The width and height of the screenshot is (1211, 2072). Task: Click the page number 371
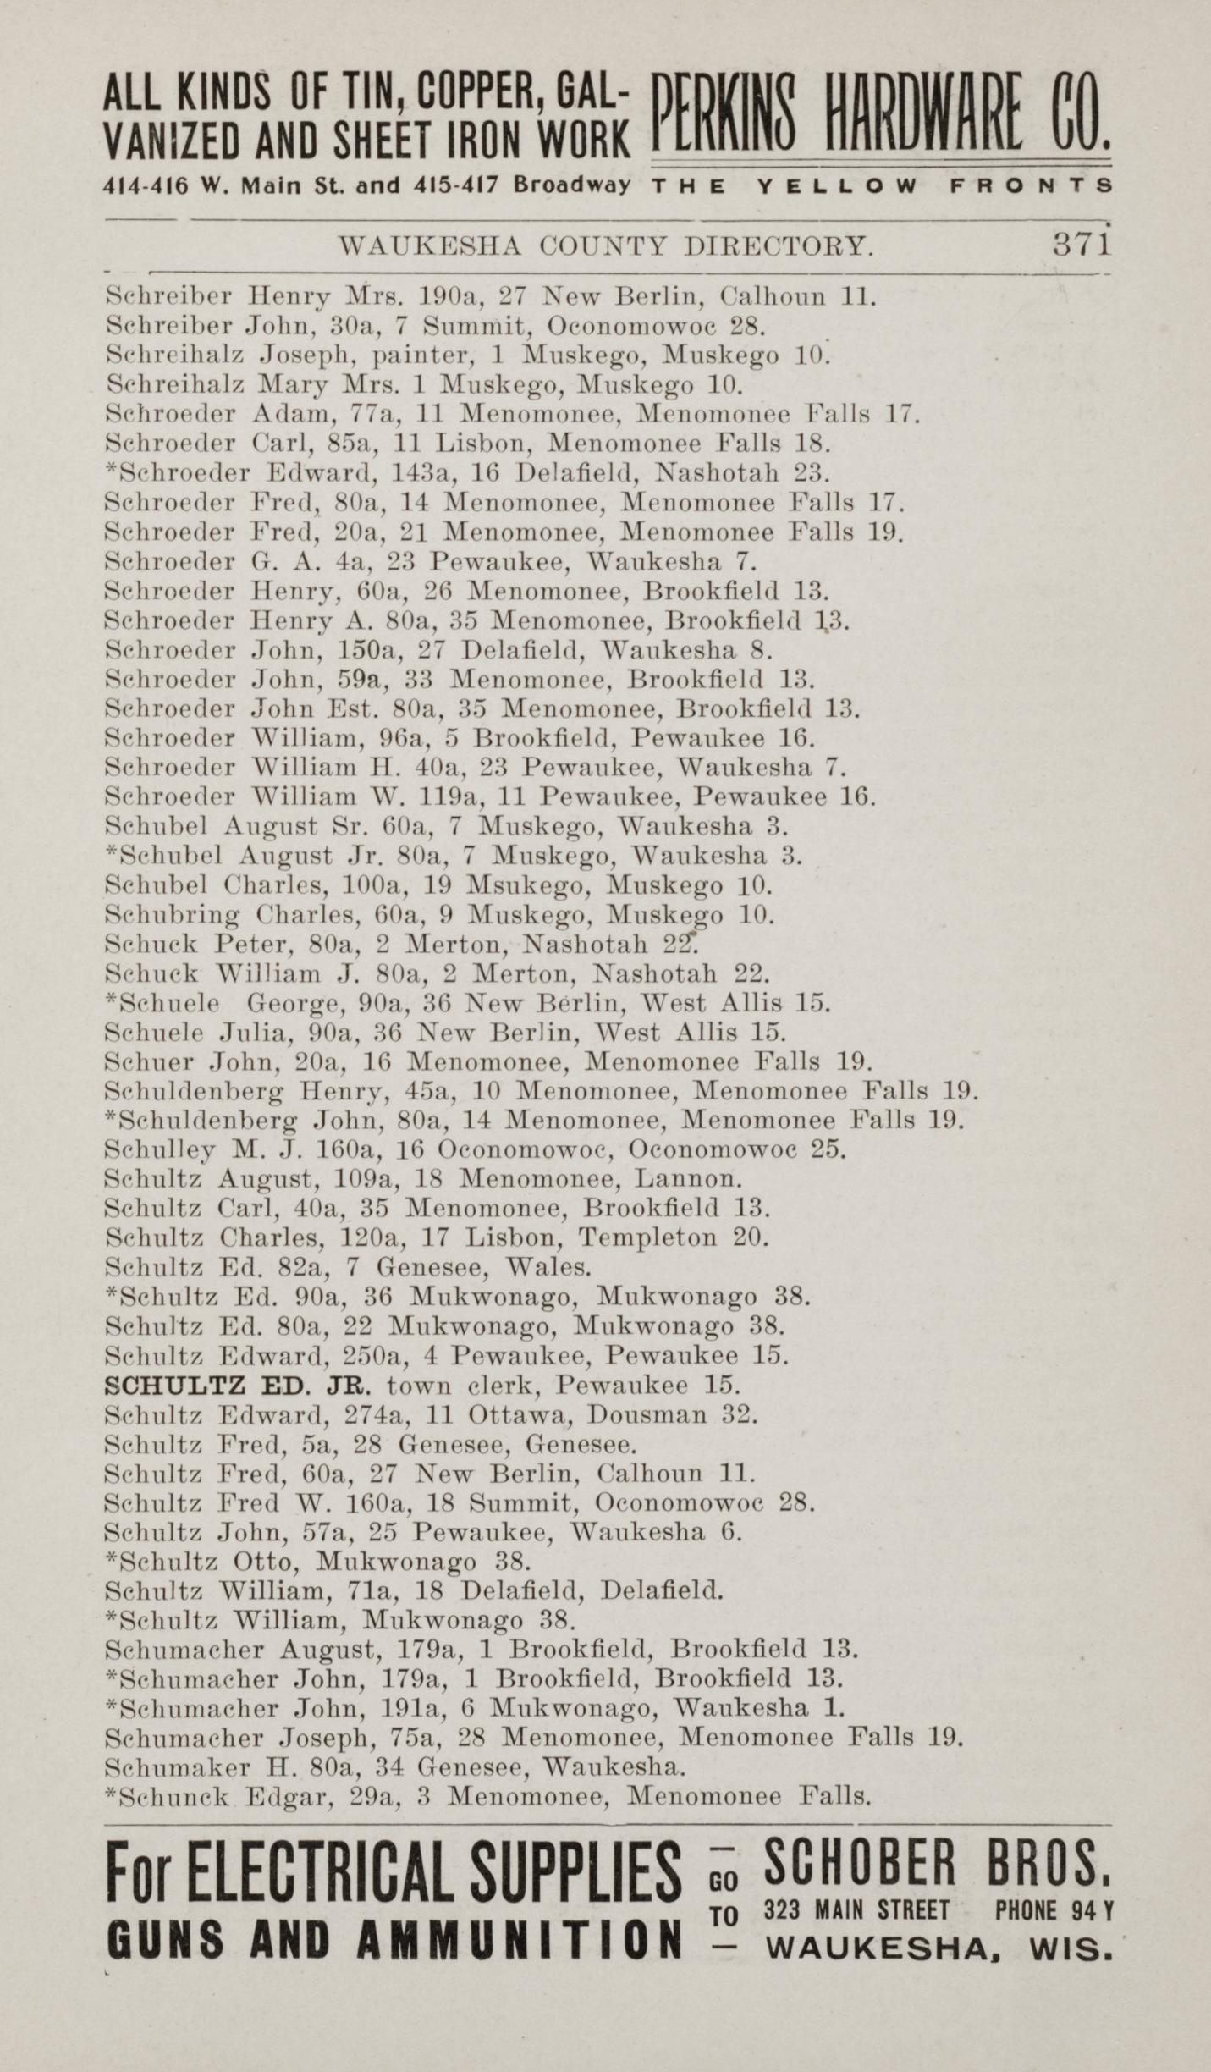[1080, 245]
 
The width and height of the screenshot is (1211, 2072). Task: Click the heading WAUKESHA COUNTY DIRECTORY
[606, 246]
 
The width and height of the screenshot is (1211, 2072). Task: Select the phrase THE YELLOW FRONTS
[880, 185]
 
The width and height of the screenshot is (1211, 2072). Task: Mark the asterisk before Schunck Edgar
[111, 1794]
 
